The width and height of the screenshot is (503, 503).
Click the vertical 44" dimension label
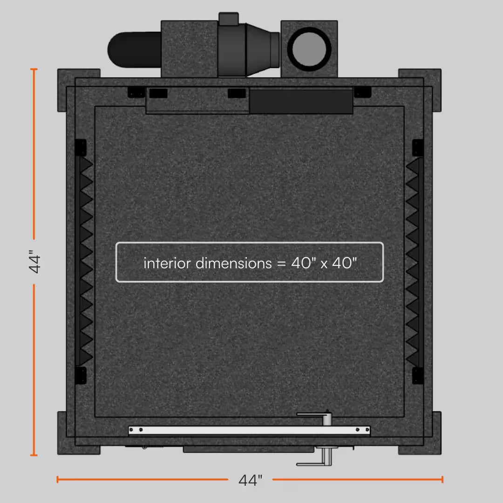click(34, 262)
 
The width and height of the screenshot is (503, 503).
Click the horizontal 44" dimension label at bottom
click(250, 480)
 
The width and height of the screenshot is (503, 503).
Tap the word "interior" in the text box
click(167, 263)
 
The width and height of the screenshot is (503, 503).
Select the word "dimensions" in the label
click(233, 263)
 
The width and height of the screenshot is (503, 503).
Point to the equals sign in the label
click(281, 264)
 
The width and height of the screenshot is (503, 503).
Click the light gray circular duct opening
click(309, 49)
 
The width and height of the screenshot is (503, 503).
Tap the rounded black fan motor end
click(134, 50)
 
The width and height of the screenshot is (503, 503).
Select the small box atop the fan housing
click(228, 19)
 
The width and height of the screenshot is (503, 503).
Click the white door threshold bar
click(249, 430)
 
